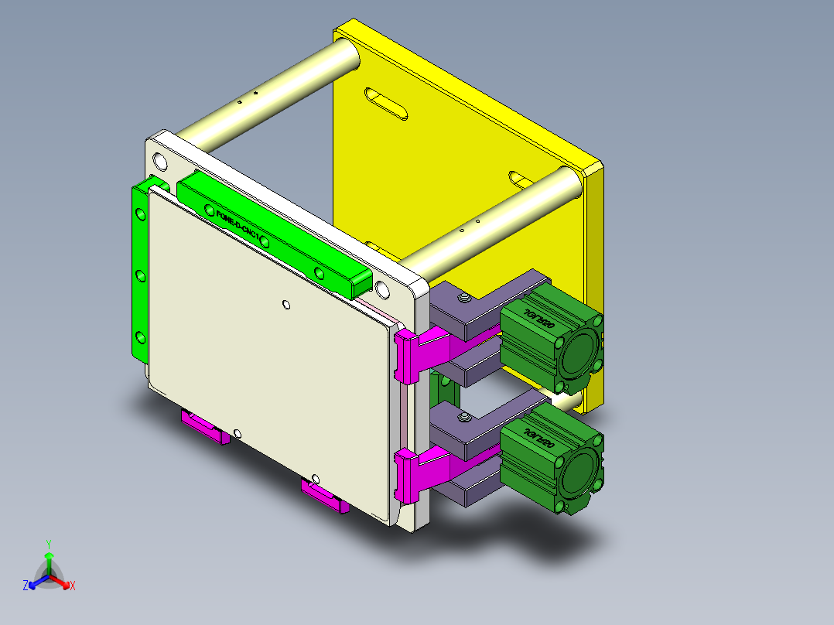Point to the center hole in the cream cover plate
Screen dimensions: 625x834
click(x=286, y=304)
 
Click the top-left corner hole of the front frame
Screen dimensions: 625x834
click(x=160, y=162)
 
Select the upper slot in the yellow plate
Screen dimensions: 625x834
click(x=385, y=104)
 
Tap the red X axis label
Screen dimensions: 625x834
click(x=73, y=586)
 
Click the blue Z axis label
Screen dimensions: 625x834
click(x=26, y=586)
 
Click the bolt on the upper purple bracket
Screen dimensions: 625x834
click(x=465, y=299)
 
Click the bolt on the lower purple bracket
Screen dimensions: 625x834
click(x=464, y=418)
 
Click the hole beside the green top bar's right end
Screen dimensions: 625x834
click(x=382, y=290)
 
